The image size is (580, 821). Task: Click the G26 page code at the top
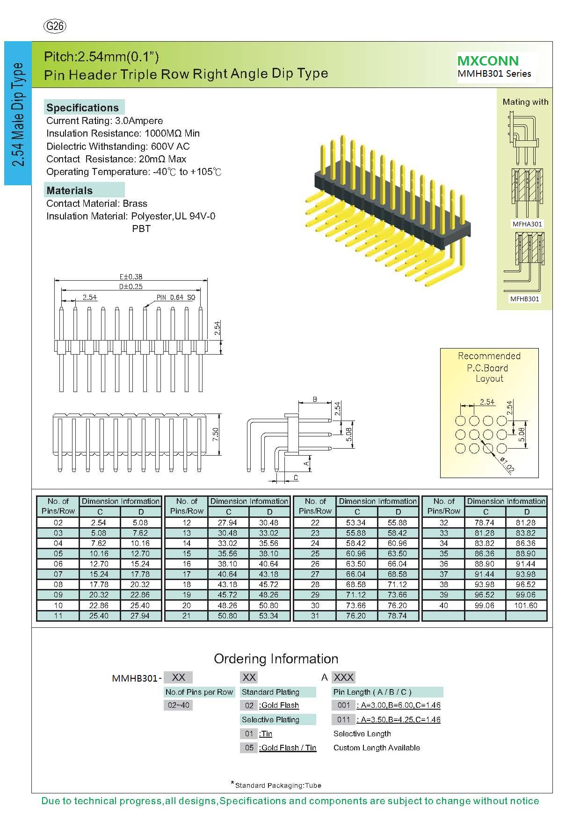(x=55, y=26)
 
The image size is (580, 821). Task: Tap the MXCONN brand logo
(x=488, y=61)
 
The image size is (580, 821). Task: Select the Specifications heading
(x=82, y=108)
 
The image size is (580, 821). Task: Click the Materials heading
(x=69, y=190)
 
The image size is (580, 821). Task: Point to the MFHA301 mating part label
(x=527, y=224)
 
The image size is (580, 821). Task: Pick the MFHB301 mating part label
(x=525, y=298)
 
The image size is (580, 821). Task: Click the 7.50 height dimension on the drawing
(x=215, y=435)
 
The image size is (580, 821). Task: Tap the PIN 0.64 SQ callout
(x=175, y=298)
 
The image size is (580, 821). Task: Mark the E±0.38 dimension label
(x=130, y=277)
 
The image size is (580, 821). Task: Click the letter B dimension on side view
(x=315, y=399)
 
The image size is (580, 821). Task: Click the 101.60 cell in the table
(x=526, y=605)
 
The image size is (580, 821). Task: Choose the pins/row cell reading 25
(x=315, y=553)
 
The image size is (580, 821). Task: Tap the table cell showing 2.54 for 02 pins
(x=99, y=523)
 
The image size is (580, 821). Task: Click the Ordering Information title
(x=276, y=659)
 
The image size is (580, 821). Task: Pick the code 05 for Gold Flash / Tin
(x=249, y=748)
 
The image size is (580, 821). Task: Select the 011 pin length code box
(x=343, y=719)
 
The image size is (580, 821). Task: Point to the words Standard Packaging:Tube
(x=278, y=785)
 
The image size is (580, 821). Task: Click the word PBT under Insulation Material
(x=141, y=229)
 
